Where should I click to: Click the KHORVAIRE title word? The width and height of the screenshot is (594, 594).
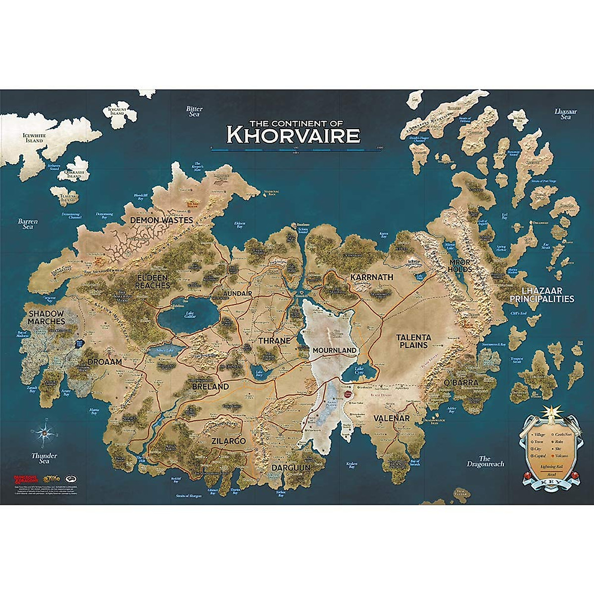click(x=293, y=134)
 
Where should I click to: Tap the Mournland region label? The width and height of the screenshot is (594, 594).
click(x=334, y=350)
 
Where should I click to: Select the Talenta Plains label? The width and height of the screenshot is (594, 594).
click(x=413, y=341)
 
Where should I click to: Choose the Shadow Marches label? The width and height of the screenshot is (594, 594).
click(x=46, y=317)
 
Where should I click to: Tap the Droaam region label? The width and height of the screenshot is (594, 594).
click(x=104, y=362)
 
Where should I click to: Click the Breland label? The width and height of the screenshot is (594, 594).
click(x=210, y=387)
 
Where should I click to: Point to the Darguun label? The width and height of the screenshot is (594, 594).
click(x=291, y=467)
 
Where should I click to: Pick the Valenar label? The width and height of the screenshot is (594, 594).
click(x=392, y=418)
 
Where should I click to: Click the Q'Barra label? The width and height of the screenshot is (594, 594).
click(x=461, y=382)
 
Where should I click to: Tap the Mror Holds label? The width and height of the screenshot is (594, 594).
click(x=460, y=265)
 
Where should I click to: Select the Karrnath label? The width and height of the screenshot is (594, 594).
click(x=371, y=277)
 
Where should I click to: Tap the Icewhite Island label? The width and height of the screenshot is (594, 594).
click(x=33, y=138)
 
